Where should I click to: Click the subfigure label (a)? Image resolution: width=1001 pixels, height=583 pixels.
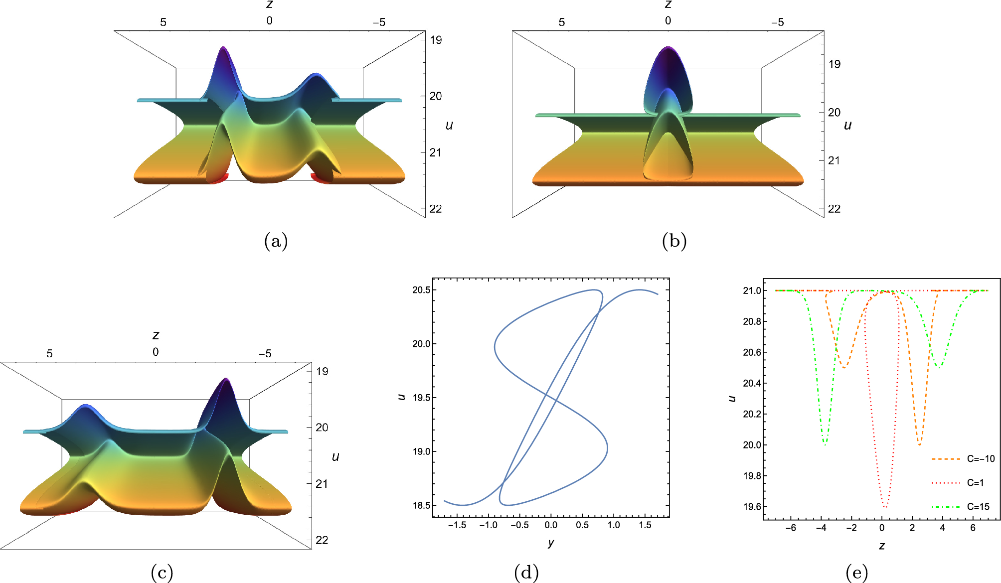point(276,241)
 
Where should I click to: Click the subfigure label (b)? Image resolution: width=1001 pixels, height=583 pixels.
point(674,241)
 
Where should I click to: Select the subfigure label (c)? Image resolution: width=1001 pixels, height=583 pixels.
point(162,573)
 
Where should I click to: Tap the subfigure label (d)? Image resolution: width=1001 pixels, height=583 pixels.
point(526,573)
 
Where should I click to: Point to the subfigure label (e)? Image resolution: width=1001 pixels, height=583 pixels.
point(856,573)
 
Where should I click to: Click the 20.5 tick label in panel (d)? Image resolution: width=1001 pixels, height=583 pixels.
point(421,290)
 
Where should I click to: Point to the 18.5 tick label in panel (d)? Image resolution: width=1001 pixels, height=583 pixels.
point(421,505)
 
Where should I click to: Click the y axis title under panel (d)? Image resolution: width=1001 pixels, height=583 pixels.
point(550,543)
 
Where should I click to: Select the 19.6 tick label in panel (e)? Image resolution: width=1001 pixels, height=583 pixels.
point(752,507)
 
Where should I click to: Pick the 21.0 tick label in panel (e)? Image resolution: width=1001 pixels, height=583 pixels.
point(752,291)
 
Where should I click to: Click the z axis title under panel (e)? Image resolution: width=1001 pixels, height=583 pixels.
point(882,546)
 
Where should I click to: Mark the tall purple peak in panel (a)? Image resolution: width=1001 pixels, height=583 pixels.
point(223,50)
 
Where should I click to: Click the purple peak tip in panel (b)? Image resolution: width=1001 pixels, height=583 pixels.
point(668,48)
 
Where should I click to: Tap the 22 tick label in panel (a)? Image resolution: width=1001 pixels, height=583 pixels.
point(436,209)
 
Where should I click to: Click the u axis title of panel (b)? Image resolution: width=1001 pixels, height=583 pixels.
point(847,125)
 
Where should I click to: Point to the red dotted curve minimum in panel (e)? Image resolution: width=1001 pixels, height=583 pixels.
point(885,506)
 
